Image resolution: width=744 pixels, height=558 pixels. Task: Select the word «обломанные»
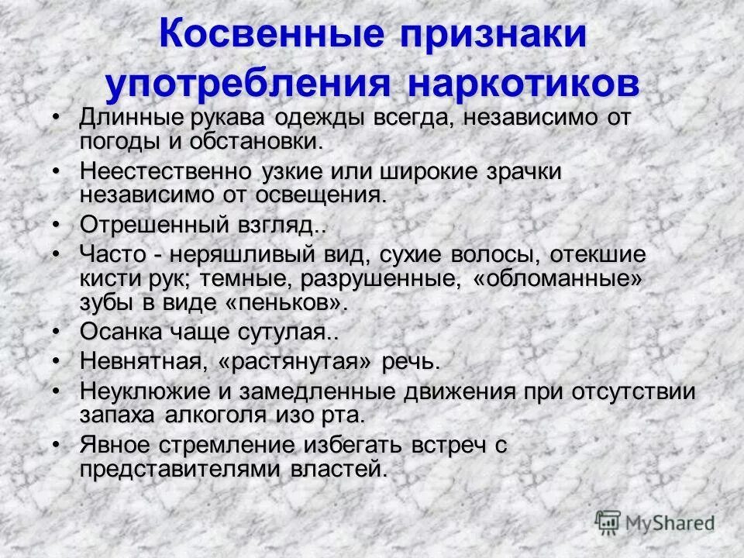pos(552,278)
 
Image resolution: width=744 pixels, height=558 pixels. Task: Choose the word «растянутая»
pos(294,361)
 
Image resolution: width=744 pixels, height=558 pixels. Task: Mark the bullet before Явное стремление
pos(57,444)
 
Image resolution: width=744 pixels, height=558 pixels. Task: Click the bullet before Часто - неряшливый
pos(57,253)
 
